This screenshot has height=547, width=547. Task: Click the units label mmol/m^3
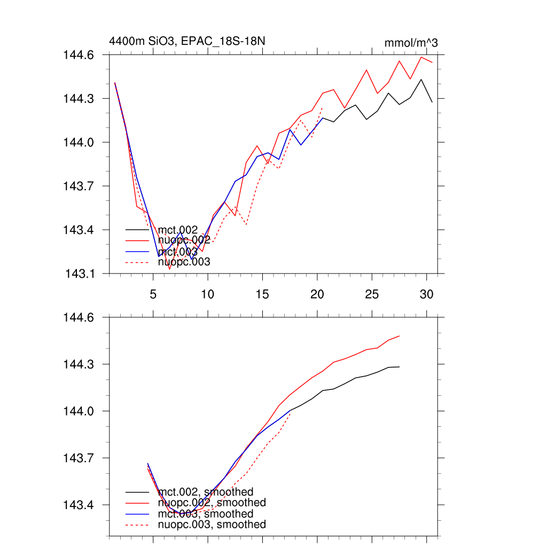click(x=411, y=43)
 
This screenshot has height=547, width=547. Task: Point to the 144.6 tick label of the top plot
click(x=79, y=55)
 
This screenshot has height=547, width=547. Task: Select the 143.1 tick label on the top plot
click(x=80, y=274)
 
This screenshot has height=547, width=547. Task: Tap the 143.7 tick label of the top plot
click(x=79, y=186)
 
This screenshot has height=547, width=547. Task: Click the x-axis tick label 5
click(x=153, y=294)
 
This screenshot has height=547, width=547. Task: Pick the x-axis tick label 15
click(x=262, y=294)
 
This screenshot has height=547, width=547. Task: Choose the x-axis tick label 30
click(x=426, y=294)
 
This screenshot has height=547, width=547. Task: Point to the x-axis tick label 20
click(x=317, y=294)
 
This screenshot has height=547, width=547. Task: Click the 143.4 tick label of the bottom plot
click(x=79, y=505)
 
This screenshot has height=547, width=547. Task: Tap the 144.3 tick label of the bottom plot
click(x=79, y=364)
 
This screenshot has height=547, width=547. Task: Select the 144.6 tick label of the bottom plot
click(x=79, y=317)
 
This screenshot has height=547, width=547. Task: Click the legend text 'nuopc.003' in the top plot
click(x=184, y=262)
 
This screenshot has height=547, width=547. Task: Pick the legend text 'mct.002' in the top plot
click(x=178, y=230)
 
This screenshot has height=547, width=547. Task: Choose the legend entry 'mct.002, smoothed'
click(x=206, y=491)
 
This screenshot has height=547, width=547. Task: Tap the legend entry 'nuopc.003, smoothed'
click(x=212, y=525)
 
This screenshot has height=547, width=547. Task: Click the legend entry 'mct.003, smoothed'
click(x=206, y=513)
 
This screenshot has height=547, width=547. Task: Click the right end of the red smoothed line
click(x=400, y=336)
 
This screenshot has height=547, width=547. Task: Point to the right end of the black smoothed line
click(x=400, y=367)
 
